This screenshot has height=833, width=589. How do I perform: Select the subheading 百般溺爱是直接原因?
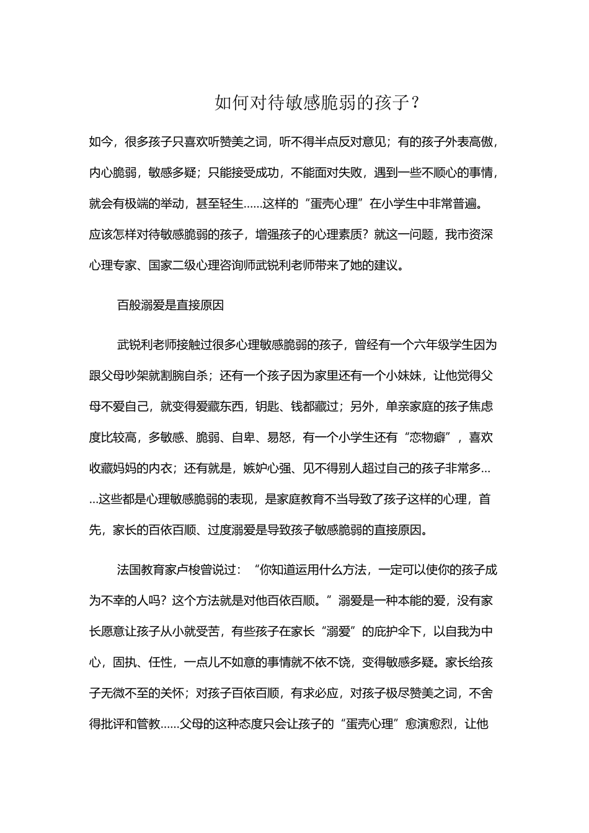point(170,306)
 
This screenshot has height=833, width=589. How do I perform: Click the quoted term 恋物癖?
point(428,438)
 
